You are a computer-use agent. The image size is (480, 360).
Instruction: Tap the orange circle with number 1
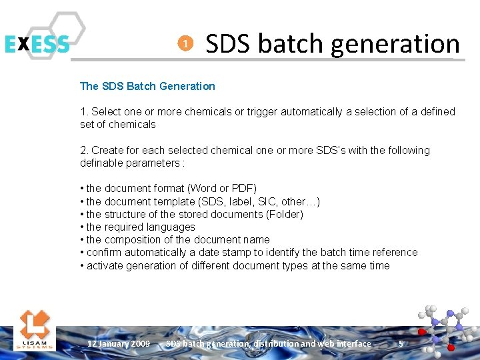click(x=185, y=44)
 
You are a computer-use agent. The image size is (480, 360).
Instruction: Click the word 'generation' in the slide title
click(x=395, y=44)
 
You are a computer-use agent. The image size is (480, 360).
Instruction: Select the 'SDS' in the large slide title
click(x=229, y=44)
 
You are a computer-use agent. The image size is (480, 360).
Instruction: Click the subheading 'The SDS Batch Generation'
click(x=147, y=86)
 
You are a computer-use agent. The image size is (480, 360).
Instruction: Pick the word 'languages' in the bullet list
click(x=171, y=227)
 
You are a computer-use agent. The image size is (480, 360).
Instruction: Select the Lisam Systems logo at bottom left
click(x=34, y=328)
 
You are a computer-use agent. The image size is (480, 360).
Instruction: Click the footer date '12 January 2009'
click(x=119, y=344)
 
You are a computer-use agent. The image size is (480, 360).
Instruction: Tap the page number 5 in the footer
click(x=401, y=343)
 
